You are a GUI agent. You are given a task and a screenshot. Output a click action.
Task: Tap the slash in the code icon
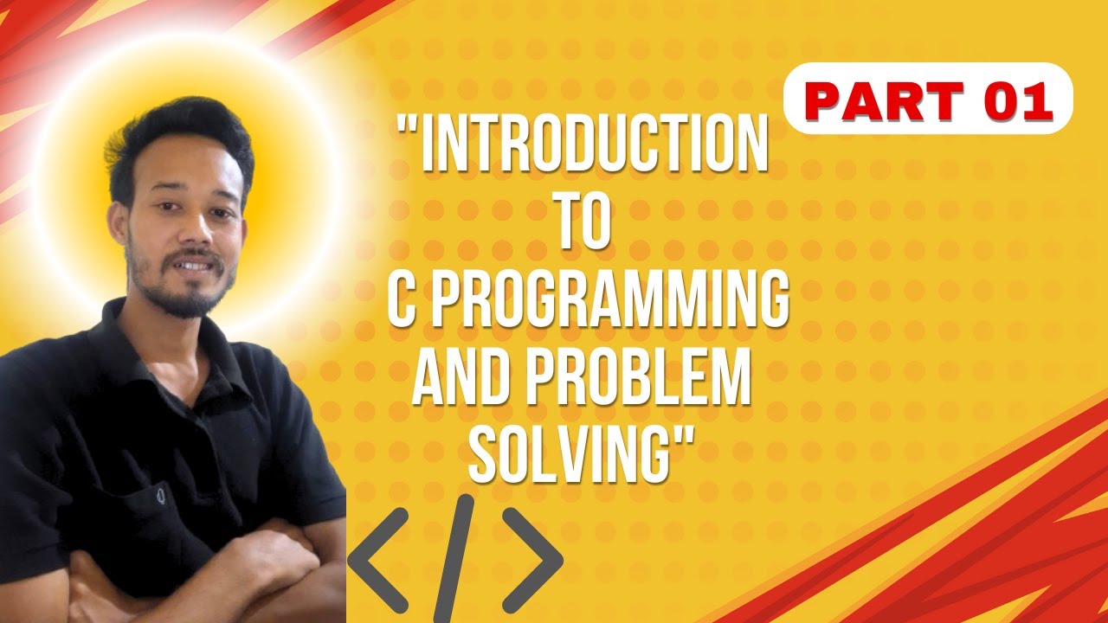click(x=455, y=558)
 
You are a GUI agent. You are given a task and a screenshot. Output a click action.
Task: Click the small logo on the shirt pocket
click(x=162, y=497)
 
